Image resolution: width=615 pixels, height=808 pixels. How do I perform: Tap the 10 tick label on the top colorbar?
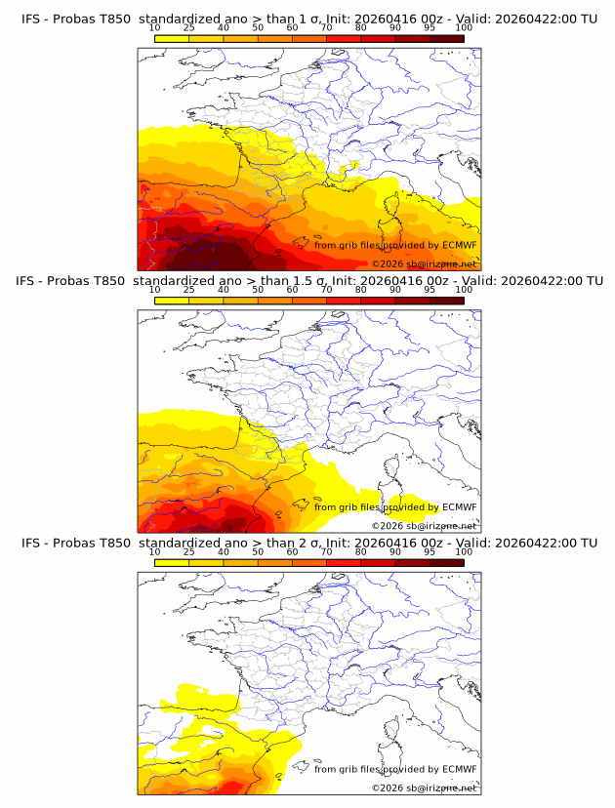tap(155, 28)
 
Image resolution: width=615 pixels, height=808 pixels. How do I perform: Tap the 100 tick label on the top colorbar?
tap(464, 28)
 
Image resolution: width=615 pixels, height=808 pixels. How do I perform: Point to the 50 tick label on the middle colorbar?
tap(258, 290)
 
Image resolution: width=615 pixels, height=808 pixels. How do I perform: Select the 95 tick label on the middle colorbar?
tap(430, 290)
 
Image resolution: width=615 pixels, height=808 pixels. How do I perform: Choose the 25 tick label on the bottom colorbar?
tap(189, 552)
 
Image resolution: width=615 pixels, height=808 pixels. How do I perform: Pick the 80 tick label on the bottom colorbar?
tap(361, 552)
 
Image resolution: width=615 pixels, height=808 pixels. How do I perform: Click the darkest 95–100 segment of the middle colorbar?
tap(446, 300)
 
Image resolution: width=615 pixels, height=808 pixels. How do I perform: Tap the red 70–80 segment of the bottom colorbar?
tap(344, 562)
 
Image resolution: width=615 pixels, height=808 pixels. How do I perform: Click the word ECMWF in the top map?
tap(460, 245)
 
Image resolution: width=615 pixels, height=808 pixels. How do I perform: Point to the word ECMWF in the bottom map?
tap(460, 769)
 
